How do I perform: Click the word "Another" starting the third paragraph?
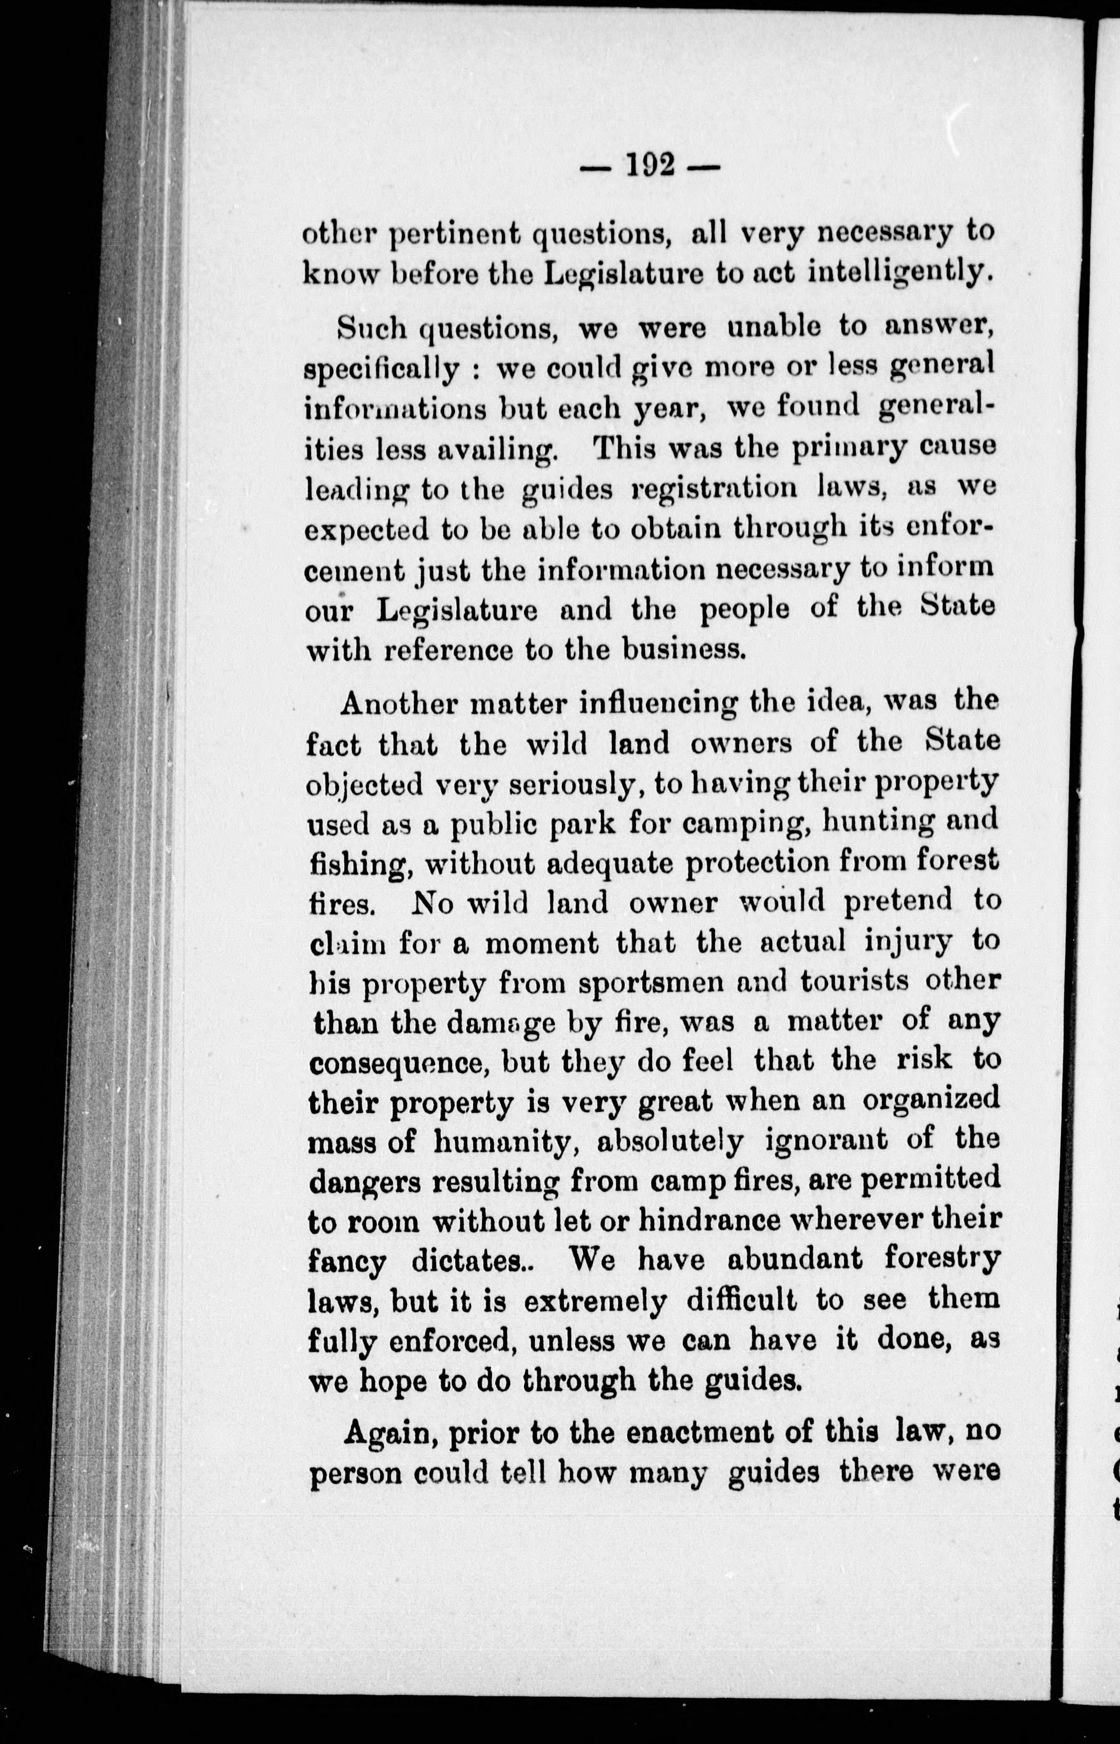(x=397, y=704)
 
